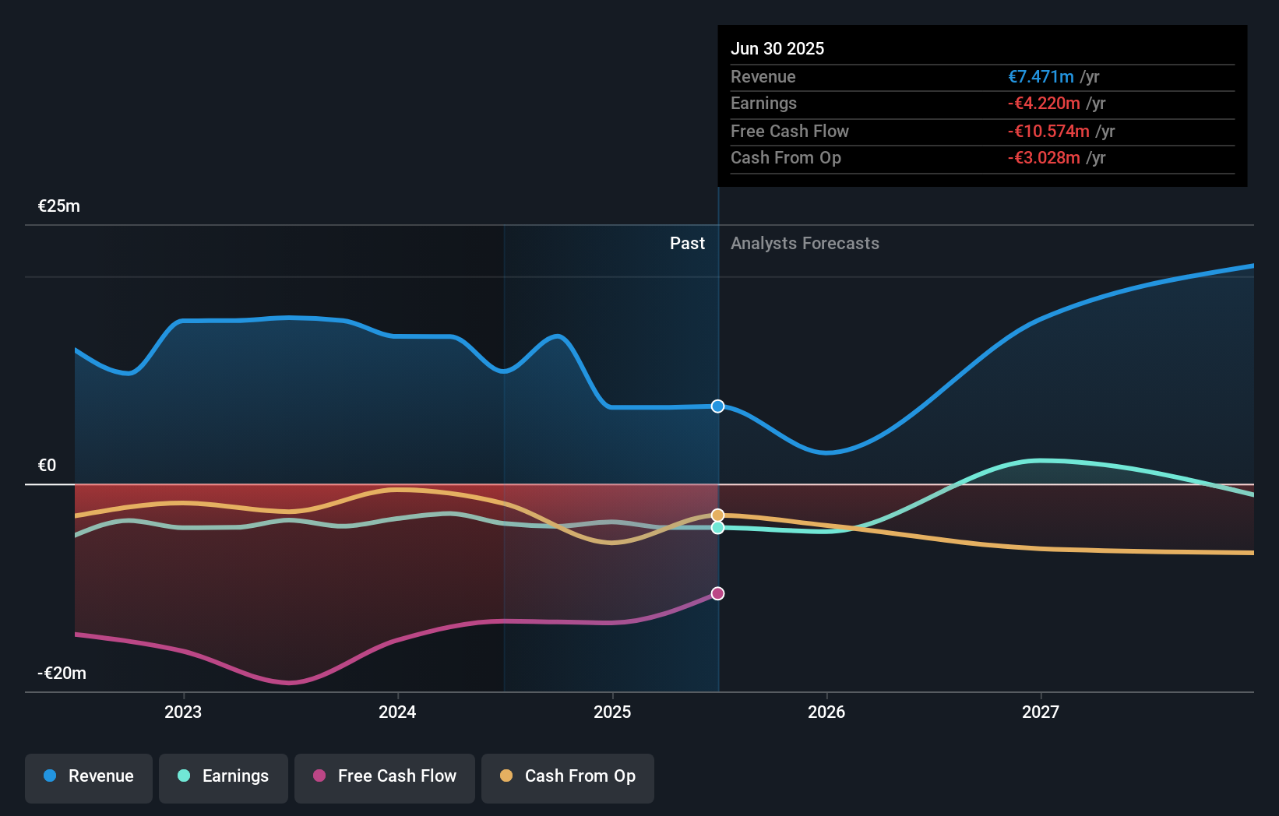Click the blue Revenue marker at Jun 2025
pos(717,406)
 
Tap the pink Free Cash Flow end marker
pos(717,593)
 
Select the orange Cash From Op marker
pos(717,515)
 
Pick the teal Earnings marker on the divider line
pos(717,528)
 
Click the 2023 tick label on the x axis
pos(183,712)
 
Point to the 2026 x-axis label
pos(826,712)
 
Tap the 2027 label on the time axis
pos(1041,712)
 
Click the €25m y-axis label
pos(59,206)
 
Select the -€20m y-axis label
pos(62,674)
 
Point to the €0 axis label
pos(48,466)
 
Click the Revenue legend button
pos(89,776)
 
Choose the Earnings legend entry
pos(224,776)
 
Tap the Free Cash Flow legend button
pos(385,776)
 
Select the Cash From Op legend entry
pos(568,776)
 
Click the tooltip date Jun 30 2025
pos(777,48)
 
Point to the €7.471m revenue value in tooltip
pos(1041,77)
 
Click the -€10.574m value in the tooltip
pos(1048,132)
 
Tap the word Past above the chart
pos(687,244)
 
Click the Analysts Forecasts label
pos(805,244)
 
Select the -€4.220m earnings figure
pos(1044,104)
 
